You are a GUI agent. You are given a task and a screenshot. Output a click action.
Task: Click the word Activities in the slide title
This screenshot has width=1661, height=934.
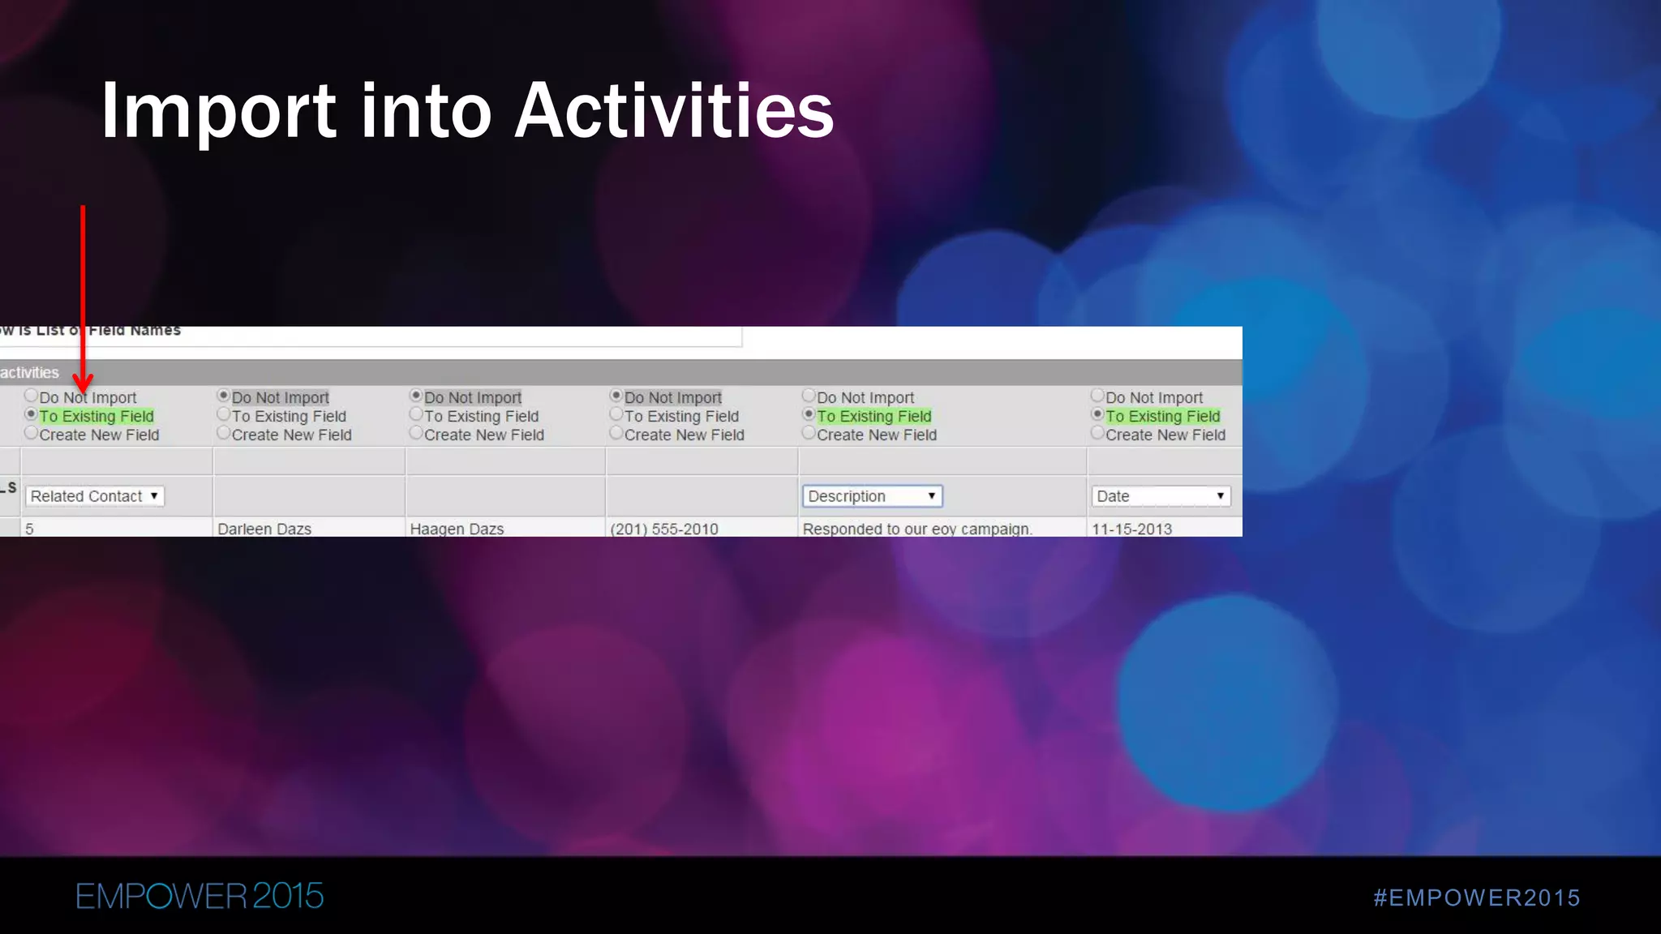(x=674, y=111)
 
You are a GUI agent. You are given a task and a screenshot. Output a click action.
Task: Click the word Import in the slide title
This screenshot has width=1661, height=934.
(x=218, y=111)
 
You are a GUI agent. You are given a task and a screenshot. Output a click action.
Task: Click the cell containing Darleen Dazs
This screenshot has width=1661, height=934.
(x=264, y=529)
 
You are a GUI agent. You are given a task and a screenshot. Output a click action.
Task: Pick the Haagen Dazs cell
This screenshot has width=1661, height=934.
(x=457, y=529)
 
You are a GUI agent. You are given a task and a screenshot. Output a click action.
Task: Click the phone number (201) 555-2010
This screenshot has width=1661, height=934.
(x=663, y=529)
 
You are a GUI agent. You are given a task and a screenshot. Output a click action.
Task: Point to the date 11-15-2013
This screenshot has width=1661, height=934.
(x=1131, y=529)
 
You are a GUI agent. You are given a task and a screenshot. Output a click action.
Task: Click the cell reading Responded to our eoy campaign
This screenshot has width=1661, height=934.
(x=917, y=529)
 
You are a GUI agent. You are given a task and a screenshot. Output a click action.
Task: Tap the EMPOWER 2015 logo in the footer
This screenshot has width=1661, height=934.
(x=200, y=896)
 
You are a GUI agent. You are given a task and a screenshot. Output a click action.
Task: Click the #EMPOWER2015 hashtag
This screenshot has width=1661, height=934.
(x=1476, y=898)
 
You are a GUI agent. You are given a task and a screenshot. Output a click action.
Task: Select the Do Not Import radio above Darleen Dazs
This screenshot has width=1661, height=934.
(x=224, y=396)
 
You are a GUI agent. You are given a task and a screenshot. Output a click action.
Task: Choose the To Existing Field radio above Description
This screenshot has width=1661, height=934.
(x=809, y=414)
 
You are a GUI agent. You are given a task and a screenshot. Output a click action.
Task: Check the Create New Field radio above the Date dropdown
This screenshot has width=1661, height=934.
(x=1097, y=433)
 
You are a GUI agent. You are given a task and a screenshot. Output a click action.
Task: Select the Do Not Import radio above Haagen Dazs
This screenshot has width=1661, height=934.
(x=416, y=396)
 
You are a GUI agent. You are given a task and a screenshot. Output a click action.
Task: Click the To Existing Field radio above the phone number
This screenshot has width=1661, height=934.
(x=616, y=414)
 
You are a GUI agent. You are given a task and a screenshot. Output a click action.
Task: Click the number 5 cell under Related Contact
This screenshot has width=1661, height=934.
(x=29, y=529)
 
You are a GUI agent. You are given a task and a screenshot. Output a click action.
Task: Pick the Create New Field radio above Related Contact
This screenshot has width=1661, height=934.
(x=32, y=433)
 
